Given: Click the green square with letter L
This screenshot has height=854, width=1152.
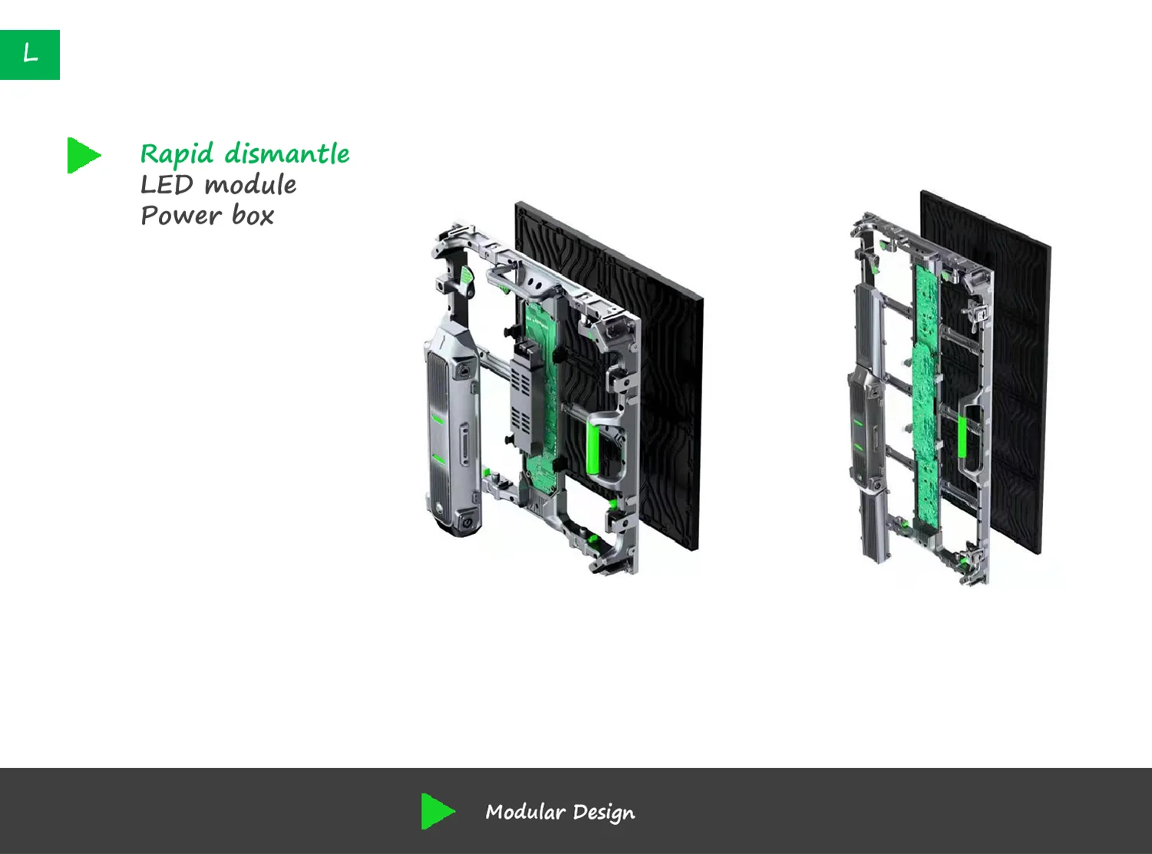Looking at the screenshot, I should pyautogui.click(x=30, y=54).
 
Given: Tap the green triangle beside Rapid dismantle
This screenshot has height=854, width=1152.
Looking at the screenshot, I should pyautogui.click(x=83, y=155).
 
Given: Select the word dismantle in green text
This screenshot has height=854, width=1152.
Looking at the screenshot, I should pyautogui.click(x=287, y=153).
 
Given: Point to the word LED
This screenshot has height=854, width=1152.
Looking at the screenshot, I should pyautogui.click(x=167, y=185).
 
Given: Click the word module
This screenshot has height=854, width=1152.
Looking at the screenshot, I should pyautogui.click(x=251, y=185).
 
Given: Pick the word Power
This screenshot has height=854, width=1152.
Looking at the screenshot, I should pyautogui.click(x=181, y=216).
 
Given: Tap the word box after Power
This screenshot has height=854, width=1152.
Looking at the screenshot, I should pyautogui.click(x=253, y=216).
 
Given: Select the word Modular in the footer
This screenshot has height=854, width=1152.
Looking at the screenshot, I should pyautogui.click(x=525, y=812).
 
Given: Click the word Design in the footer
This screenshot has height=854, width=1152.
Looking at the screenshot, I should pyautogui.click(x=604, y=813).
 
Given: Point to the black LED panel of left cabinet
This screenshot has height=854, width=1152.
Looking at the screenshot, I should pyautogui.click(x=668, y=384).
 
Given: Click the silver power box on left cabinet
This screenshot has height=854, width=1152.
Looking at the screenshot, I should pyautogui.click(x=451, y=430).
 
